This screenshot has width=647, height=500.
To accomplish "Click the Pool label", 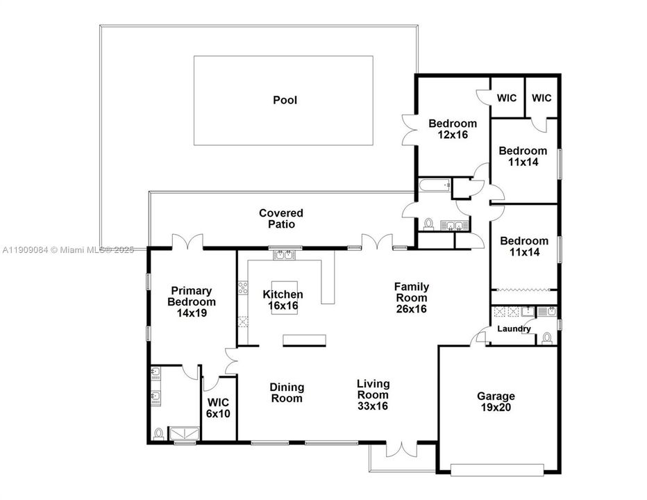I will point(285,100).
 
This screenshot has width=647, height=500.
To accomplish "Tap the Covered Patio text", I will point(281,219).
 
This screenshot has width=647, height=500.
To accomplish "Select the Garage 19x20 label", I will point(496,402).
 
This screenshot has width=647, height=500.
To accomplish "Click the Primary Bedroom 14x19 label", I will point(192,302).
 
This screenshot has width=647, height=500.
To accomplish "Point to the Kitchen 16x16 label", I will point(283,300).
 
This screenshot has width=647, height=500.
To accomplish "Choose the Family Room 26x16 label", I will point(411,297).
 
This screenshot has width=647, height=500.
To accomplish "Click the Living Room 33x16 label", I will point(373,394).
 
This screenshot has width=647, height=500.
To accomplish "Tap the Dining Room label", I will point(286,393).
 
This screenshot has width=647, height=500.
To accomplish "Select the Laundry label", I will point(514,329).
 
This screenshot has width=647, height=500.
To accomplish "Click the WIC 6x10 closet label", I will point(219,408).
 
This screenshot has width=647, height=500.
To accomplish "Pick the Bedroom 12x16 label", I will point(453,129).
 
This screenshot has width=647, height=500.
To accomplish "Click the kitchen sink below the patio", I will point(283,256).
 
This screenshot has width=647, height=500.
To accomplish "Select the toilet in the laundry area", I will point(546,338).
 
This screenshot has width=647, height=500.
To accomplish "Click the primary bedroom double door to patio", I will point(187,242).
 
